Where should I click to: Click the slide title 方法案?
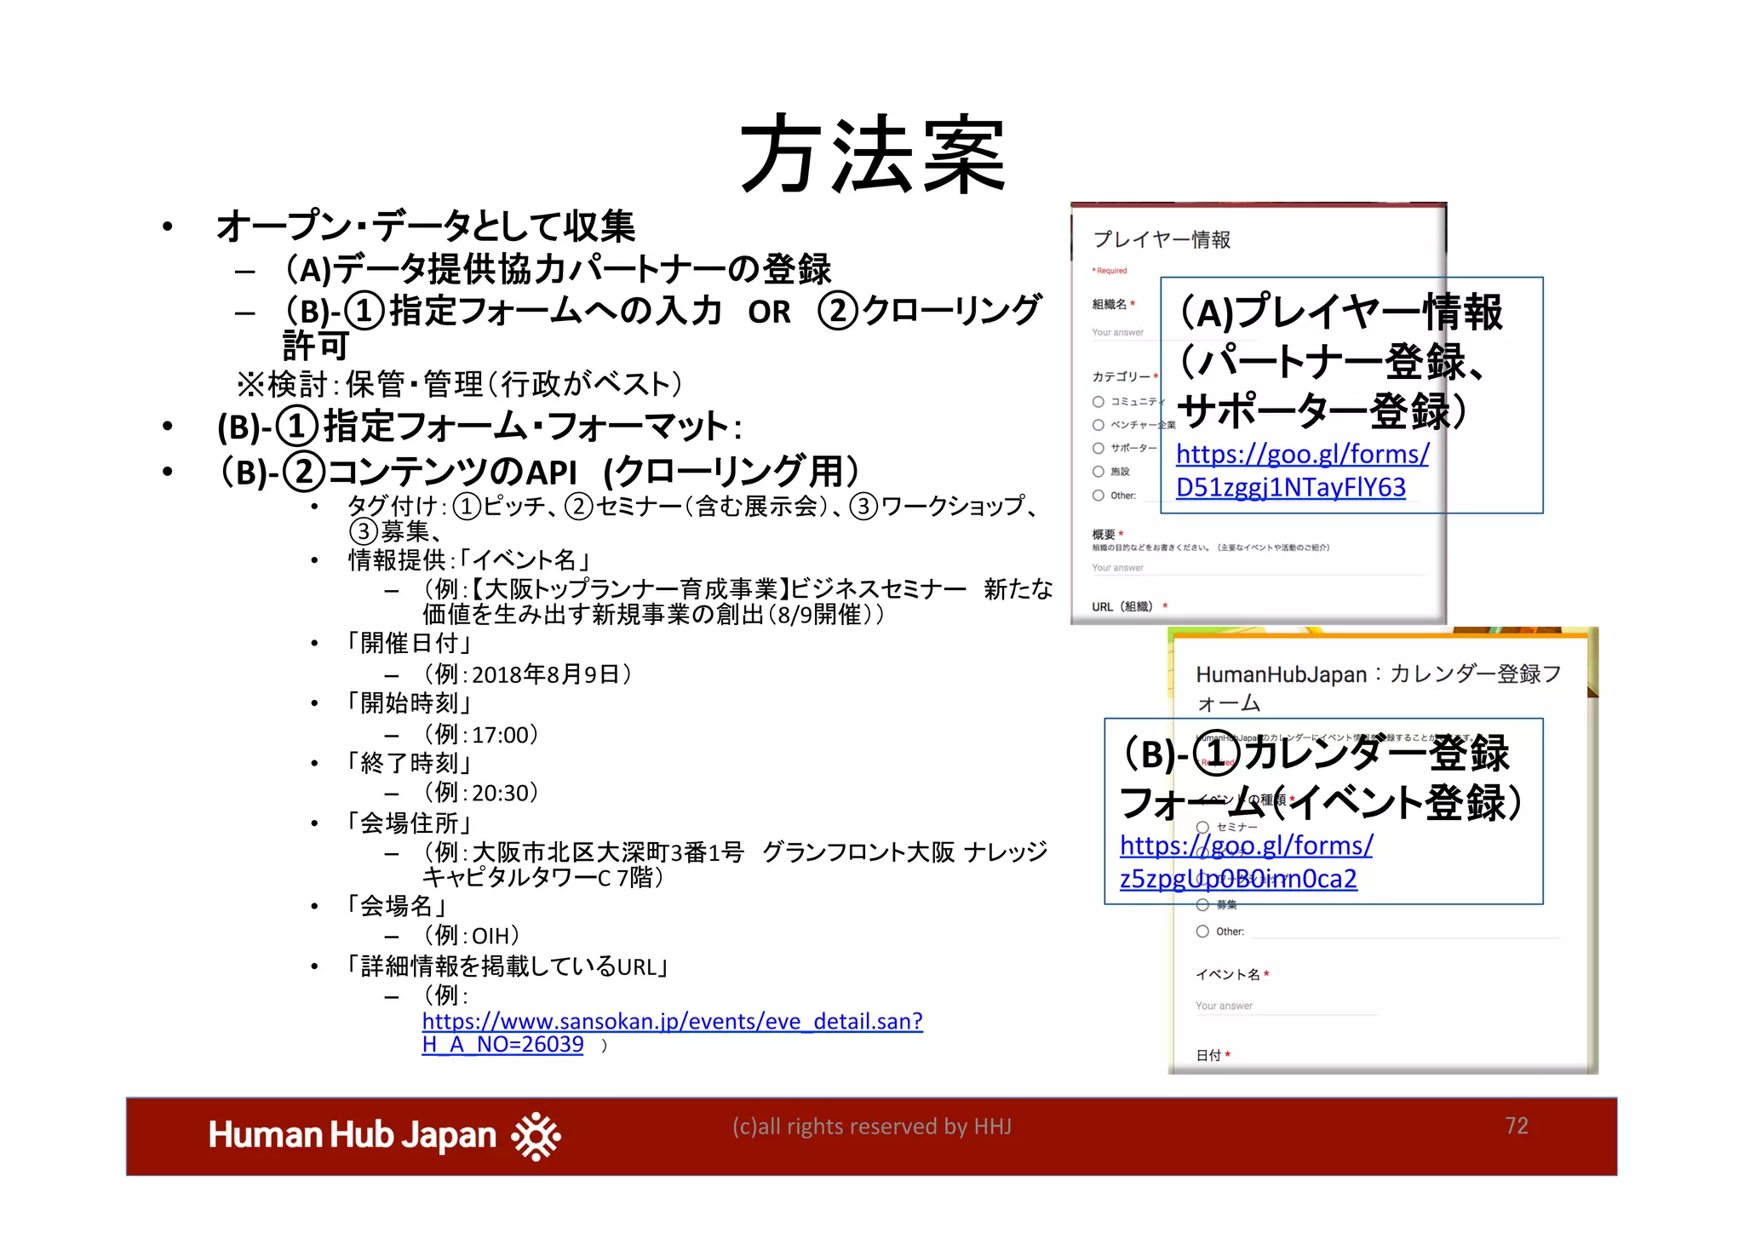coord(872,156)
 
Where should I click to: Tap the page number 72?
coord(1516,1126)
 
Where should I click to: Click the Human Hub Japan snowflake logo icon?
coord(536,1135)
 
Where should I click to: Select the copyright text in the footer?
coord(871,1127)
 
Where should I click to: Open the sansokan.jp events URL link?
coord(672,1021)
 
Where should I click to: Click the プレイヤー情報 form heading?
coord(1162,239)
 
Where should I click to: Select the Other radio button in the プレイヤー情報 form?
coord(1099,496)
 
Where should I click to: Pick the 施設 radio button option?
coord(1099,472)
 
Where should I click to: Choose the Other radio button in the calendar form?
coord(1202,932)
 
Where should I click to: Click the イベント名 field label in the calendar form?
coord(1227,975)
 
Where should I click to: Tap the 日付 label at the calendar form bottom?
coord(1208,1055)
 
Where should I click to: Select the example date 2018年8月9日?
coord(545,674)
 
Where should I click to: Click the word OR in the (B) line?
coord(769,313)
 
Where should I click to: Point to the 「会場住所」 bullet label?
coord(408,823)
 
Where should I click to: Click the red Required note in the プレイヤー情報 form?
coord(1110,271)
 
